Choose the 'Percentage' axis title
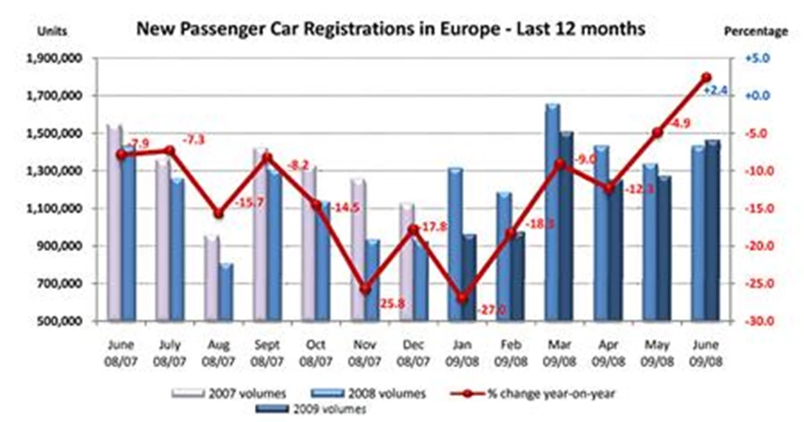point(765,32)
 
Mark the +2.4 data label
point(715,90)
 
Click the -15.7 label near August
point(248,222)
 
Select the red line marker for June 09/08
point(706,78)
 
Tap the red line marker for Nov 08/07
point(365,289)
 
